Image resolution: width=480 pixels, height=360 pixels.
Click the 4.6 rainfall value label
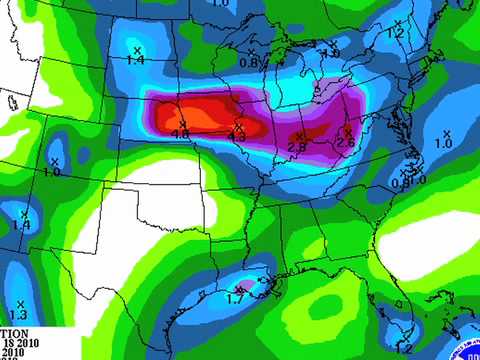pos(181,133)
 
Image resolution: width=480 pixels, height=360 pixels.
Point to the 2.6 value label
pos(345,143)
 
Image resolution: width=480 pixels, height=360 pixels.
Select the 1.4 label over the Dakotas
pos(136,60)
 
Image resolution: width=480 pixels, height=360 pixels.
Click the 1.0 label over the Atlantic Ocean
pos(444,144)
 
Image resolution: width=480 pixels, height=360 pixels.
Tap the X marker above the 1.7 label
pos(238,287)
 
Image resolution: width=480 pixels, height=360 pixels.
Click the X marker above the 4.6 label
pos(182,123)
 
